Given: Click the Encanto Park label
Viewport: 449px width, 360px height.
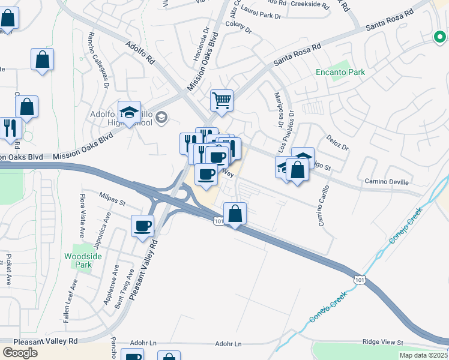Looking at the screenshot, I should click(340, 73).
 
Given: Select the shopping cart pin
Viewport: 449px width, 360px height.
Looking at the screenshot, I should click(221, 100).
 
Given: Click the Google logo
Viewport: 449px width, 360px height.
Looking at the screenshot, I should click(20, 353).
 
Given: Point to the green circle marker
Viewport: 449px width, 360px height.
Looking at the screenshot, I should click(440, 37).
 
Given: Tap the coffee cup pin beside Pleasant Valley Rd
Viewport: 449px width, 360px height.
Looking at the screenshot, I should click(143, 226).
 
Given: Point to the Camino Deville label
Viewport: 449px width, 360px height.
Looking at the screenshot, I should click(387, 181).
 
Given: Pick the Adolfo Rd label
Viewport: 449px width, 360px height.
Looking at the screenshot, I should click(141, 53).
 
